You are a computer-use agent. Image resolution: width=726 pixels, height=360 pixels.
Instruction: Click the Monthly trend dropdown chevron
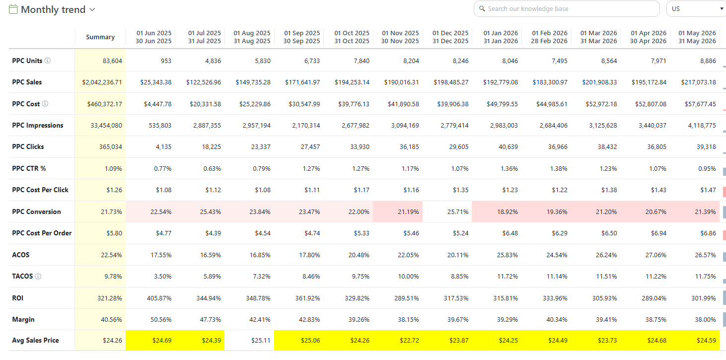(x=92, y=9)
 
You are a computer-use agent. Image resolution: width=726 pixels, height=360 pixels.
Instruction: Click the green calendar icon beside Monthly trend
(x=13, y=9)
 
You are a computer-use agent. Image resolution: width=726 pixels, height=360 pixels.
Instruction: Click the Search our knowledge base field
(x=567, y=9)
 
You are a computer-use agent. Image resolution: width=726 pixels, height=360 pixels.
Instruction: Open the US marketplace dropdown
(x=696, y=9)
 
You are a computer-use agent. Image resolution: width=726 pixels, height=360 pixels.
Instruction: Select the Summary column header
(x=100, y=37)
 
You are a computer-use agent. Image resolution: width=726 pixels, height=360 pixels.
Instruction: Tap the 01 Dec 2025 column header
(x=450, y=37)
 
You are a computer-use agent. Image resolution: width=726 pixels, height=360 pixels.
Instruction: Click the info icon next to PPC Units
(x=48, y=61)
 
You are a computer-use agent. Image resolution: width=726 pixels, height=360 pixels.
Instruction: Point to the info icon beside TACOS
(x=38, y=277)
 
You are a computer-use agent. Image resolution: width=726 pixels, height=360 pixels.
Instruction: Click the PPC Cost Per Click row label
(x=40, y=190)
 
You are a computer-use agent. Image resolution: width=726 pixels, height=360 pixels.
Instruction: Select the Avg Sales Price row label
(x=35, y=340)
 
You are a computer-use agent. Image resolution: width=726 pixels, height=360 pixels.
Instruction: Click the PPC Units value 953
(x=166, y=61)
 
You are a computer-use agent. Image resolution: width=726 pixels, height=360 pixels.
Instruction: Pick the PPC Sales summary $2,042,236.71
(x=102, y=82)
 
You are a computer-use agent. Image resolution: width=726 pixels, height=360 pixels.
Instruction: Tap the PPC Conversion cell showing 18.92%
(x=507, y=212)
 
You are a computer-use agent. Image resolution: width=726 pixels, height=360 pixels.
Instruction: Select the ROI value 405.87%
(x=159, y=298)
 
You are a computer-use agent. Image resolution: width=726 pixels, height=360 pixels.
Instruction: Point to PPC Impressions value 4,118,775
(x=702, y=126)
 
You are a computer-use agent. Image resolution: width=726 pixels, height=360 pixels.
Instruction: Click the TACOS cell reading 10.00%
(x=408, y=277)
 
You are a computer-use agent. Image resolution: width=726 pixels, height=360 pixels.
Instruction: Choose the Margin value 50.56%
(x=161, y=319)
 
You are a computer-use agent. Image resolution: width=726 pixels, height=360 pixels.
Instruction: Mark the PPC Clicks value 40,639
(x=508, y=147)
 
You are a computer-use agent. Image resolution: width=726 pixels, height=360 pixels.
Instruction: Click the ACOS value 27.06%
(x=655, y=255)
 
